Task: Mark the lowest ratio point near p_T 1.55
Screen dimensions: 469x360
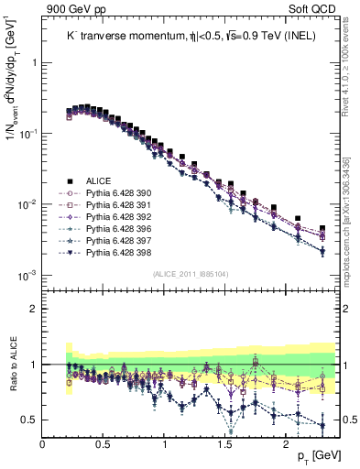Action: tap(231, 431)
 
